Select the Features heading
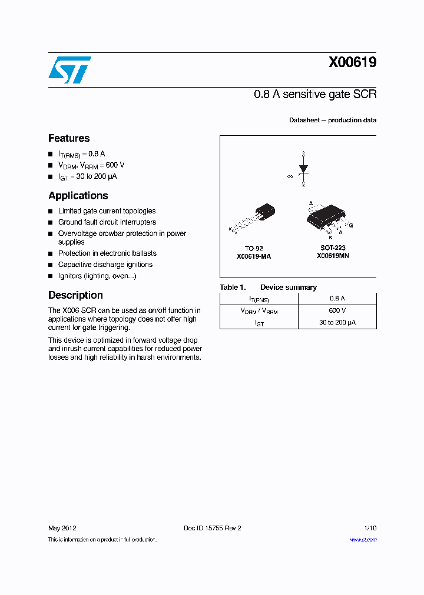click(69, 138)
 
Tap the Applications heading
click(78, 195)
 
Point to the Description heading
click(75, 295)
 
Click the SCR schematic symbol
click(303, 169)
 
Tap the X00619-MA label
click(254, 256)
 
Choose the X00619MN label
click(333, 256)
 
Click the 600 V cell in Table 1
click(337, 310)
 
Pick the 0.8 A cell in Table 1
click(337, 299)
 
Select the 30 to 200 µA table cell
click(337, 322)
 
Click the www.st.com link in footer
click(363, 540)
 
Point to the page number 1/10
click(369, 528)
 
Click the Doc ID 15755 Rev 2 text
click(213, 528)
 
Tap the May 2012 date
click(62, 528)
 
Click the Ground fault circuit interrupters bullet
click(107, 222)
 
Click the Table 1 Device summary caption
click(268, 288)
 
